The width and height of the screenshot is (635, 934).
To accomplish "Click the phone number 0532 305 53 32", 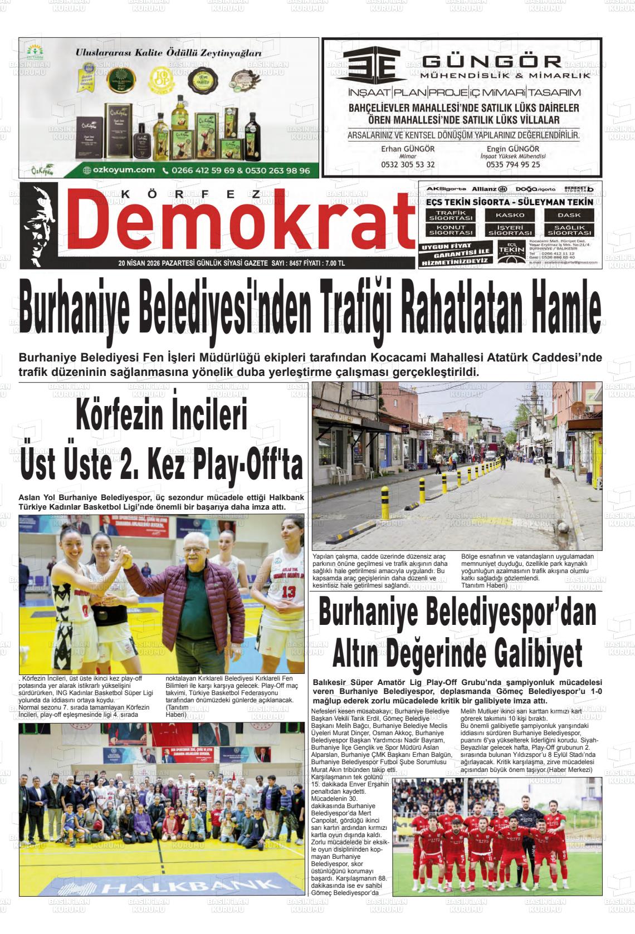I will pos(408,165).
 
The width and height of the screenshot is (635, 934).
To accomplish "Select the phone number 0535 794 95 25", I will pos(513,165).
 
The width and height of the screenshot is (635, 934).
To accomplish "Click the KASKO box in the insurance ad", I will pos(510,214).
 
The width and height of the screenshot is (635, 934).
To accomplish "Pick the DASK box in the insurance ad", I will pos(569,214).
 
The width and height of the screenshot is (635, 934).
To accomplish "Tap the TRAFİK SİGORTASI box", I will pos(451,215).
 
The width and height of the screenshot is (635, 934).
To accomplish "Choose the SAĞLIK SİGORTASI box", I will pos(569,230).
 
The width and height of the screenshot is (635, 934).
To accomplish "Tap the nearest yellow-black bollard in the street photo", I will pos(384,503).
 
